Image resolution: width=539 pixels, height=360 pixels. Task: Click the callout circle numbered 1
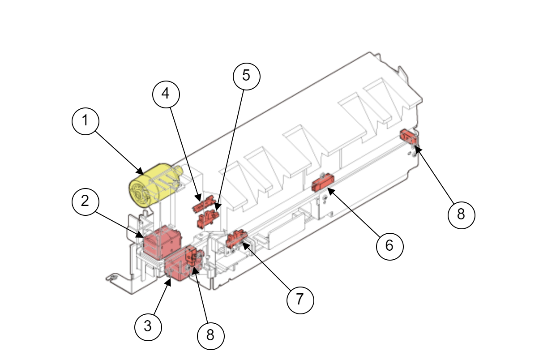[x=85, y=121]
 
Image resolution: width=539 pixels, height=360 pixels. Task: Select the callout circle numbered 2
[x=85, y=201]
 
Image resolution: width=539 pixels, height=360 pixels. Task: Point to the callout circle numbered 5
[x=246, y=75]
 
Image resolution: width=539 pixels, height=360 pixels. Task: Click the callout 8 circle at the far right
[x=461, y=214]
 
